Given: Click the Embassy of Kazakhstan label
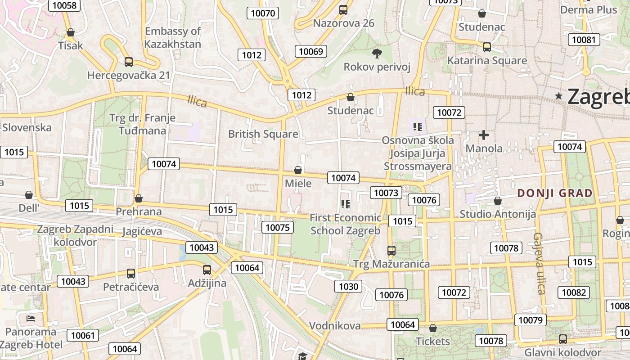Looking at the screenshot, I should pyautogui.click(x=173, y=38).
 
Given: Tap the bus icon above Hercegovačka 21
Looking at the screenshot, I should pyautogui.click(x=129, y=62).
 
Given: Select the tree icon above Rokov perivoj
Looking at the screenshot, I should pyautogui.click(x=377, y=54).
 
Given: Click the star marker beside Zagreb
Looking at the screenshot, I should pyautogui.click(x=559, y=96).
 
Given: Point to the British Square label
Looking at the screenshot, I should pyautogui.click(x=263, y=134).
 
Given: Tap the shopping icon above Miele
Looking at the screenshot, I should pyautogui.click(x=297, y=170).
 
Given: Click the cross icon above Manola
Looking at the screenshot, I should pyautogui.click(x=484, y=135).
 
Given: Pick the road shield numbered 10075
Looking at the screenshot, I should pyautogui.click(x=278, y=227).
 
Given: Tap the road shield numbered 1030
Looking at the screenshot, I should pyautogui.click(x=348, y=286).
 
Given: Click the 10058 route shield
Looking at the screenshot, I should pyautogui.click(x=64, y=5).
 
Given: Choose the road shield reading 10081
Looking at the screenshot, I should pyautogui.click(x=584, y=40).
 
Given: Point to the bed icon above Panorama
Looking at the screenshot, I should pyautogui.click(x=31, y=319).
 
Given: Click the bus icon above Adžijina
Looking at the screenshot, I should pyautogui.click(x=207, y=270).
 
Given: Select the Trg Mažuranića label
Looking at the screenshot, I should pyautogui.click(x=391, y=264).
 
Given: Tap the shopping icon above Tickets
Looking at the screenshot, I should pyautogui.click(x=432, y=328).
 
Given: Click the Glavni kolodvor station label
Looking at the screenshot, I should pyautogui.click(x=562, y=352).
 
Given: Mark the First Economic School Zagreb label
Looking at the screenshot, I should pyautogui.click(x=346, y=224).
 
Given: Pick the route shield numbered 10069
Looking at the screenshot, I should pyautogui.click(x=311, y=51).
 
